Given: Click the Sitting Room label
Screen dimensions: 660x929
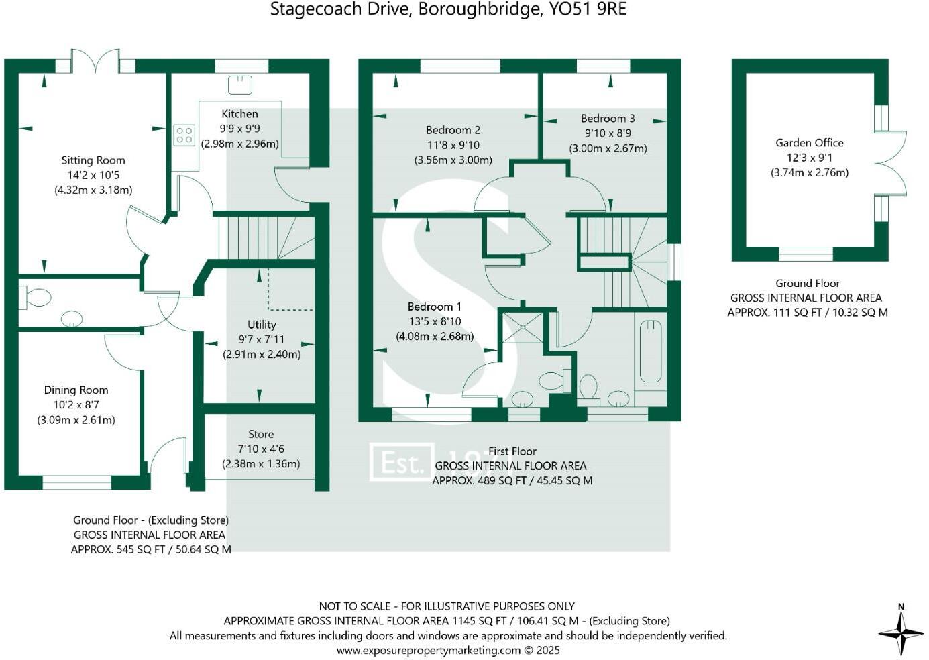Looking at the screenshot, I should click(x=93, y=160).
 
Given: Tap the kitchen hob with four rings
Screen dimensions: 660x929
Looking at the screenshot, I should click(x=184, y=135).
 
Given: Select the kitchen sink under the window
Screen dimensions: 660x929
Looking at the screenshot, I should click(x=240, y=85).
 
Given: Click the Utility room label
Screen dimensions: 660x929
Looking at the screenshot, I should click(x=261, y=325).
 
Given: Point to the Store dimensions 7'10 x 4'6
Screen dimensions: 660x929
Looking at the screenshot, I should click(x=261, y=449).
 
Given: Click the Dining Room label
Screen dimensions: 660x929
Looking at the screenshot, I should click(x=76, y=390).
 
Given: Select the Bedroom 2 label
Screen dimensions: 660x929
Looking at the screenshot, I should click(x=453, y=130).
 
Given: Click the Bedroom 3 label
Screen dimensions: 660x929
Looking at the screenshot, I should click(x=608, y=119).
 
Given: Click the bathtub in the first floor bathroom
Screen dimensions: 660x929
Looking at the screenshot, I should click(x=651, y=351).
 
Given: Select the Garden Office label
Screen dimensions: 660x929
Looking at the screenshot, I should click(x=810, y=143).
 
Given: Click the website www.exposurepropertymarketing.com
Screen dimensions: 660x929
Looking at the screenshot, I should click(x=428, y=650).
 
